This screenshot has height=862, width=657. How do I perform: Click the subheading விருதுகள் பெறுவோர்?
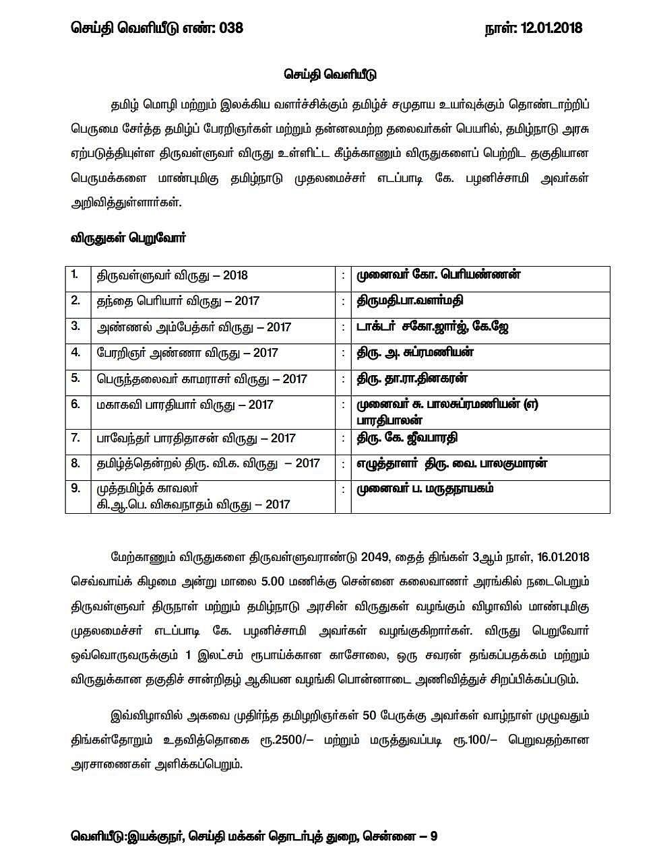coord(128,238)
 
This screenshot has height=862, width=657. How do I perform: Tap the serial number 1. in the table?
coord(75,275)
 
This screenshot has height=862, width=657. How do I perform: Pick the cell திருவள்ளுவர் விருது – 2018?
coord(171,275)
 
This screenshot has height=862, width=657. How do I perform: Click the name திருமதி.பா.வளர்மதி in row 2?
coord(410,300)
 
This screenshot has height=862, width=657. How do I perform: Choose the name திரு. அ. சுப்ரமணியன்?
coord(416,352)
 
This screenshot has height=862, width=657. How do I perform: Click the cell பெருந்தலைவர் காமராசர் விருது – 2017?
coord(201,379)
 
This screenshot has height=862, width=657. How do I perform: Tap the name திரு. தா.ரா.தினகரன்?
coord(412,378)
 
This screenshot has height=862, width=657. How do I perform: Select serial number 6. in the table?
coord(75,404)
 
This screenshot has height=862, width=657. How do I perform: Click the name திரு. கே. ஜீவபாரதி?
coord(408,438)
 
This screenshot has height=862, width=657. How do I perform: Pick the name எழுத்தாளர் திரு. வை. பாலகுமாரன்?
coord(451,463)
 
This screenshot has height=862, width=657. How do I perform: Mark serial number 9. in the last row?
coord(75,488)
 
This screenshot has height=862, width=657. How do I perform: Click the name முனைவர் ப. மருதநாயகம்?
coord(425,489)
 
